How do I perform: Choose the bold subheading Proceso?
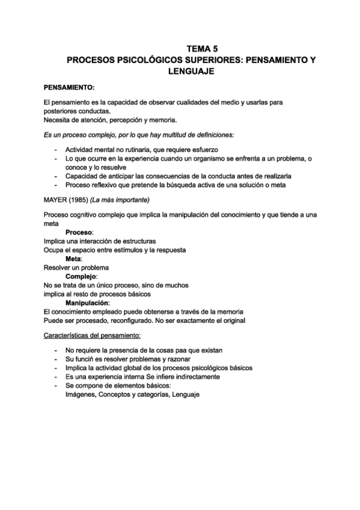(x=81, y=232)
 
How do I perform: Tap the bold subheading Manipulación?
(x=88, y=303)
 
